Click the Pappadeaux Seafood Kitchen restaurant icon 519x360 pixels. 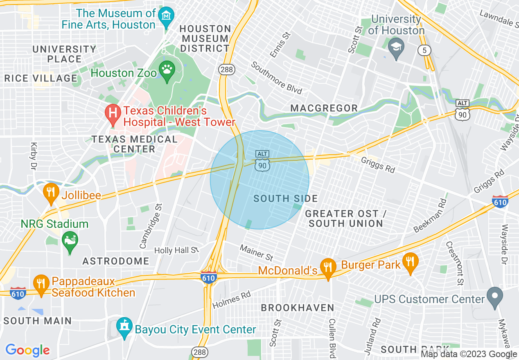(x=41, y=284)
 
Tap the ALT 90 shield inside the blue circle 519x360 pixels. (x=262, y=160)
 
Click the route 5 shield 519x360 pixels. (x=424, y=50)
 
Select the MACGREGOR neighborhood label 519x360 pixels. (x=324, y=108)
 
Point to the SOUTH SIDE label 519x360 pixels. (x=285, y=199)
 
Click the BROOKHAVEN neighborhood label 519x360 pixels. (x=298, y=308)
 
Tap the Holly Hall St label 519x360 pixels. (x=176, y=250)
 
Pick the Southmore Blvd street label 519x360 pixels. (x=277, y=78)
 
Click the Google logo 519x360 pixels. (x=27, y=350)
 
